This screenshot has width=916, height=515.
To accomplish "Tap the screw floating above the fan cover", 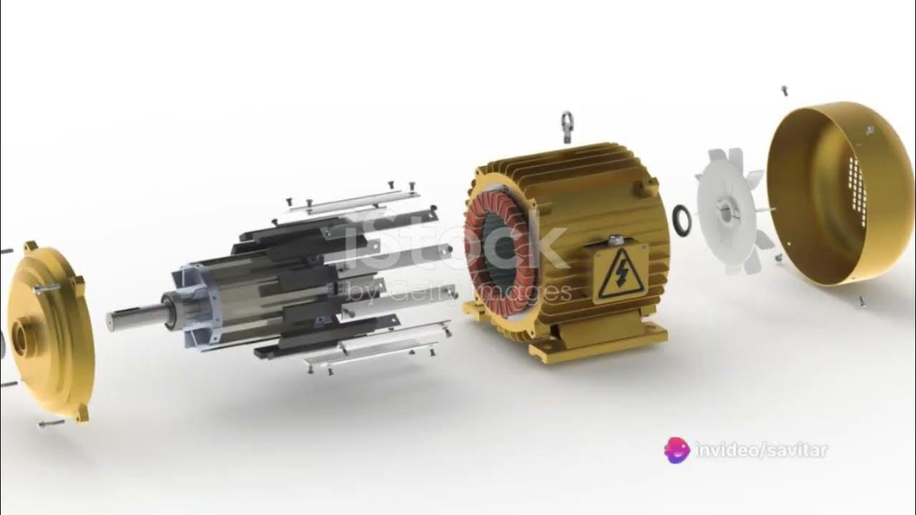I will [x=784, y=91].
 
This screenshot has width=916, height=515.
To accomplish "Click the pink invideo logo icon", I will [x=677, y=451].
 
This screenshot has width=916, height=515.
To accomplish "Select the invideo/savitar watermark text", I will [x=762, y=451].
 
